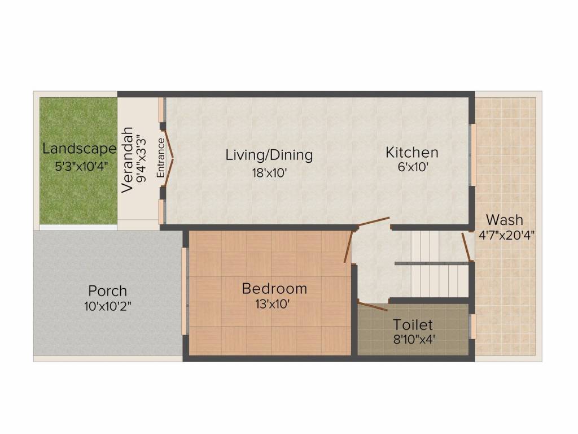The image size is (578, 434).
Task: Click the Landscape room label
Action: click(79, 149)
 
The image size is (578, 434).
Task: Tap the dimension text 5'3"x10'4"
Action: click(81, 167)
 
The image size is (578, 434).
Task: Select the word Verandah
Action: click(127, 160)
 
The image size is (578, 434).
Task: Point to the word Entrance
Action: click(161, 158)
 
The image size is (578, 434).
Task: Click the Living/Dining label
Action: click(269, 155)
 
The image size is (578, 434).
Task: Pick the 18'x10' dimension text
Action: click(269, 172)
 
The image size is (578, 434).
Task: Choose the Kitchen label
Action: click(411, 153)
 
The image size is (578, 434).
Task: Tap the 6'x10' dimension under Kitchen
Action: click(413, 167)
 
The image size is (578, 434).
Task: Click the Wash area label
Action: click(504, 220)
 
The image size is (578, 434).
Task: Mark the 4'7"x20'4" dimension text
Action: click(506, 235)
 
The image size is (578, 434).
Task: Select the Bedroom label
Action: click(274, 289)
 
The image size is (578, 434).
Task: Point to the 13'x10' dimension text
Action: click(273, 304)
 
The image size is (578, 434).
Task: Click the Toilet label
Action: click(413, 325)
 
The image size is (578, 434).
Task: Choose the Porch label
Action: click(108, 291)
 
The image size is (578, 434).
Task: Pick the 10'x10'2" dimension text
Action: click(108, 306)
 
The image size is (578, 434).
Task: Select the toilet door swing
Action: click(373, 306)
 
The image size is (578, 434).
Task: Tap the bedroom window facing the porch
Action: click(185, 291)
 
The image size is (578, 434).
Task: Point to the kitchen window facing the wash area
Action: click(472, 154)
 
